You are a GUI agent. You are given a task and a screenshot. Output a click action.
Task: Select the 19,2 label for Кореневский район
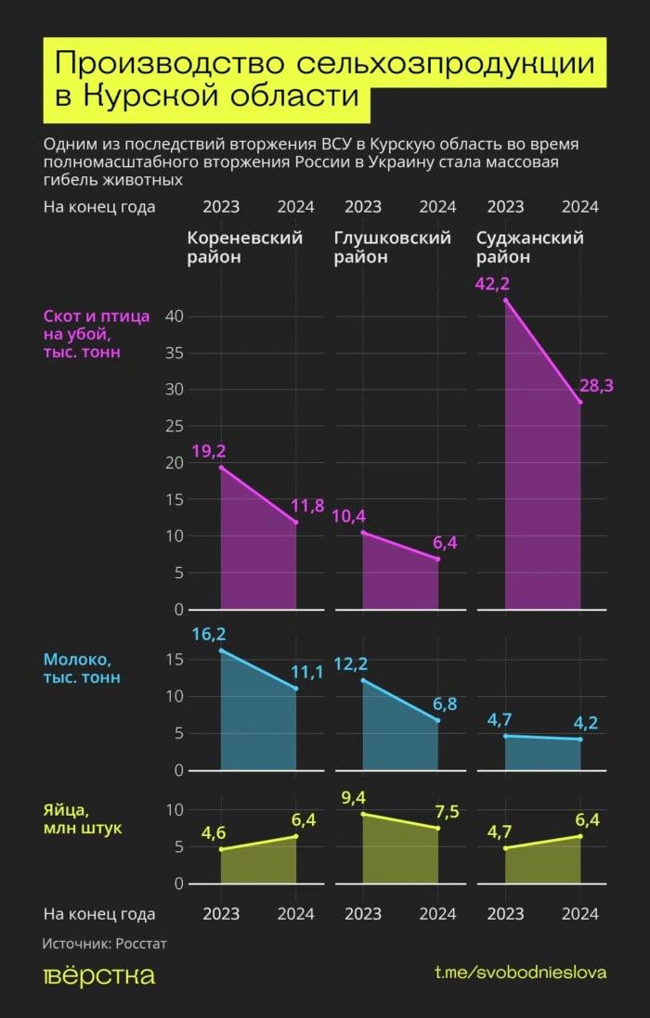209,452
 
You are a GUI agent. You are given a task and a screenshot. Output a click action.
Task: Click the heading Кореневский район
244,247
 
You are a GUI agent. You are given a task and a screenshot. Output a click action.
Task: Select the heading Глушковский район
392,247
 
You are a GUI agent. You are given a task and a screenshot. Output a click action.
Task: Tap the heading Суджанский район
529,247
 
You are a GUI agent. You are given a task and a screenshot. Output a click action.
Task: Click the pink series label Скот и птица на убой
97,334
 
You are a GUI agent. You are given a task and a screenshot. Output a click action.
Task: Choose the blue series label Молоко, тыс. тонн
82,668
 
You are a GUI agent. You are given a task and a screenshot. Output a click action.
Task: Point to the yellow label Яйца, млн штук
82,818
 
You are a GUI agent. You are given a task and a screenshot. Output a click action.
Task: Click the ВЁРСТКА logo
99,975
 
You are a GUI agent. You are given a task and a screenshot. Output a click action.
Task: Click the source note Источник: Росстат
105,943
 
